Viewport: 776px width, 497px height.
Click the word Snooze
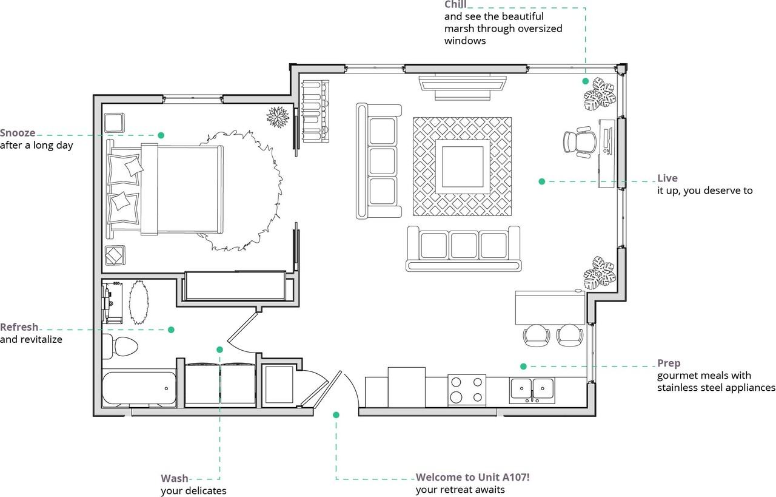18,133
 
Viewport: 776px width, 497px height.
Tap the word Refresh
19,327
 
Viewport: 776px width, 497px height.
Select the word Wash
175,478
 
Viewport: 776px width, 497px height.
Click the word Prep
669,363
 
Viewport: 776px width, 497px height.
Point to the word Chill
455,4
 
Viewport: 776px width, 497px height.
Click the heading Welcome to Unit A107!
472,477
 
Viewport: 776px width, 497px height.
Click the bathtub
139,388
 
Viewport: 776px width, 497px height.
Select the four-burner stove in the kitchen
467,390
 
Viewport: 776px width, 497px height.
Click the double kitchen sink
532,390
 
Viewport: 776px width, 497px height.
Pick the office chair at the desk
579,142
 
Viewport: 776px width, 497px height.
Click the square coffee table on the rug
463,166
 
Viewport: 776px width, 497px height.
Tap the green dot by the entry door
336,415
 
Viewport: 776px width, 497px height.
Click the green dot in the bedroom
161,135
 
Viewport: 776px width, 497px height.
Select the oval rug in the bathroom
139,302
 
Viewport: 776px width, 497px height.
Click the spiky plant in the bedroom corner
278,117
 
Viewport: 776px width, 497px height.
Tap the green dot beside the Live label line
542,181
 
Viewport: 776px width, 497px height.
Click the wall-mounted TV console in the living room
463,87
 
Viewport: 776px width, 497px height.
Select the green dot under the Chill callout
586,81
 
